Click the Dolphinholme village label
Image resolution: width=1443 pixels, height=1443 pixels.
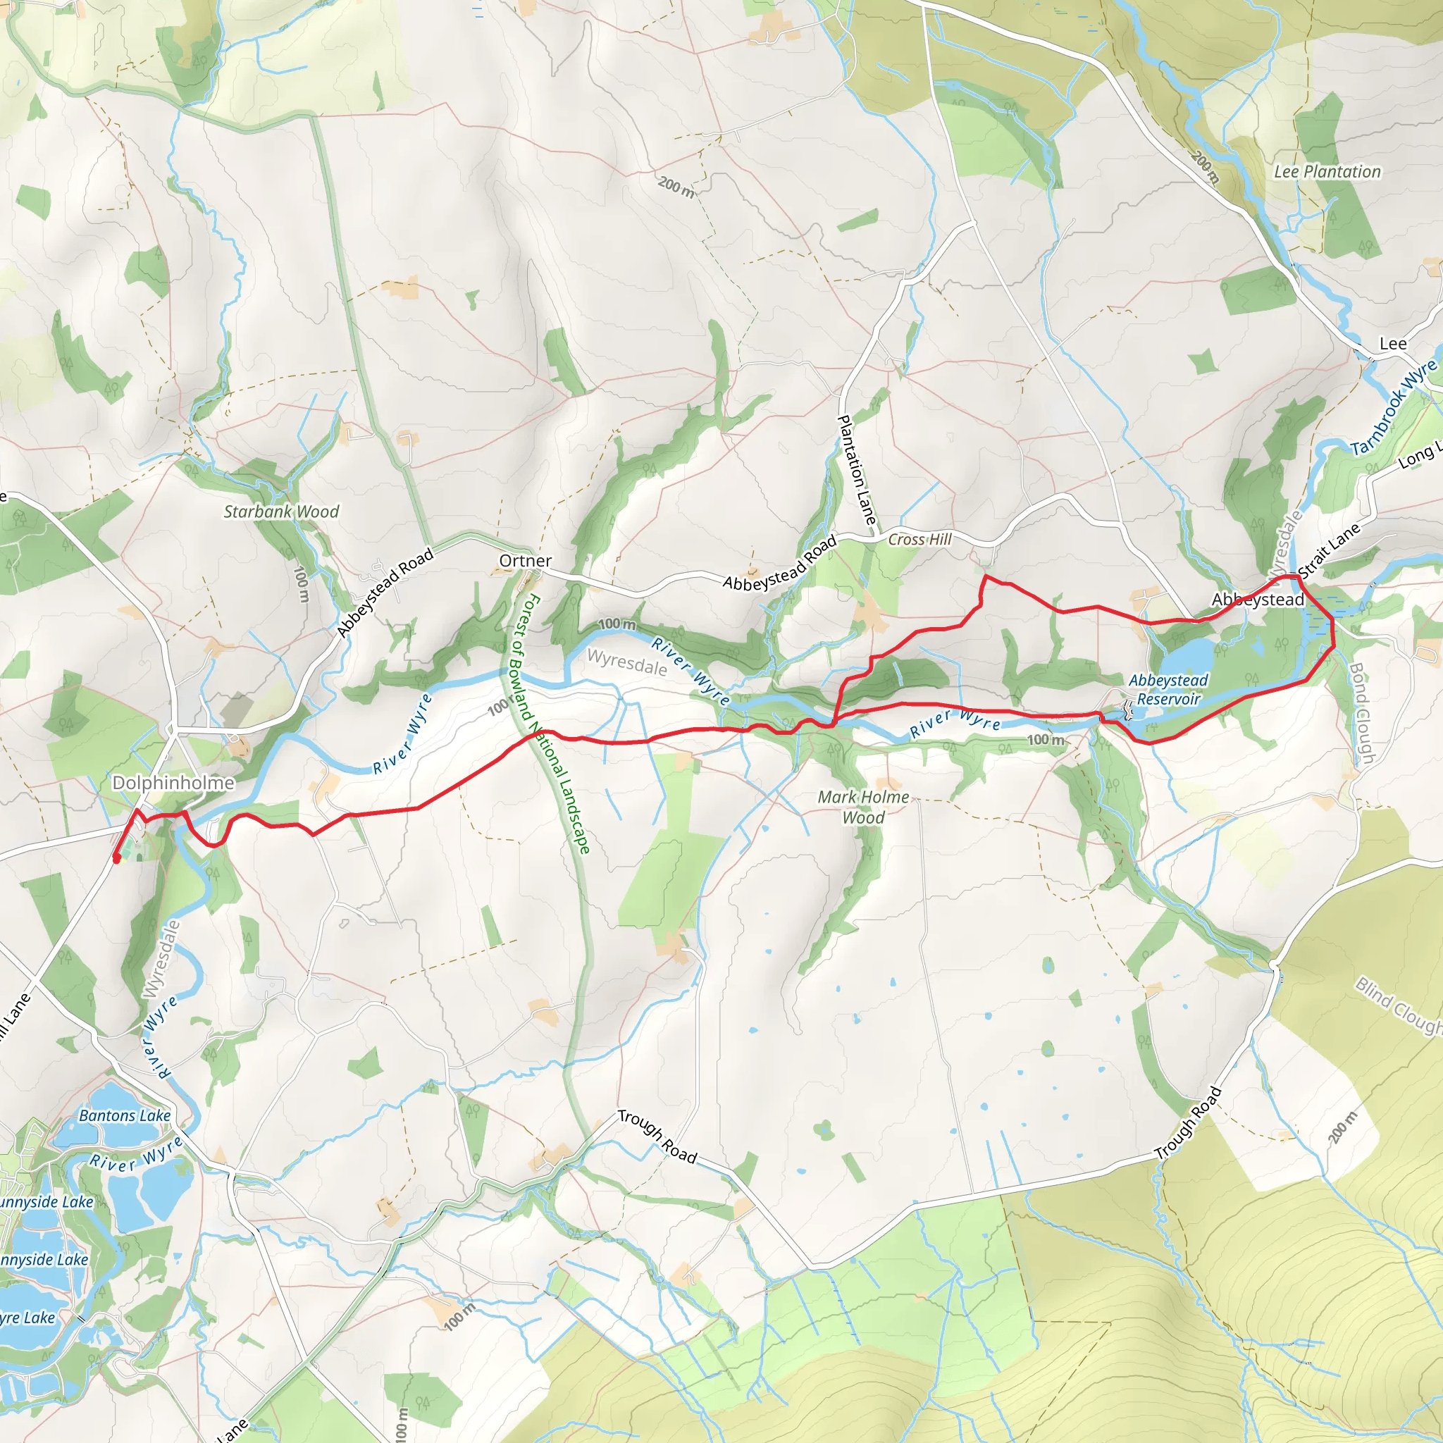[173, 783]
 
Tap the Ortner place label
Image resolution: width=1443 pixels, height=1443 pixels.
[525, 560]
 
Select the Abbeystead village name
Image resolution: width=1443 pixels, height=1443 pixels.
[1258, 599]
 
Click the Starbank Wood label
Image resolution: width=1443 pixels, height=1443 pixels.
[281, 512]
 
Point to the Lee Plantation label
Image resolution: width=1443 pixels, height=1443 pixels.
[1327, 172]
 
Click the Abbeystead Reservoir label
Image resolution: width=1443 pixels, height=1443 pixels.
[1168, 689]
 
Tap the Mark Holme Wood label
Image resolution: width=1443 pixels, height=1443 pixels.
[863, 807]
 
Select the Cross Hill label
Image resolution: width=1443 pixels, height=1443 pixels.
[919, 539]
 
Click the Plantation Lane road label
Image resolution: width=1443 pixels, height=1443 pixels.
[856, 470]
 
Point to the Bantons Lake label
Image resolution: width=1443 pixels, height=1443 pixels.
[125, 1115]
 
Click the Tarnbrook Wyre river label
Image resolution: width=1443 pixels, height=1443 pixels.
[1394, 408]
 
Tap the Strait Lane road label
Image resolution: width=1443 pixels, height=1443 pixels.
[1329, 550]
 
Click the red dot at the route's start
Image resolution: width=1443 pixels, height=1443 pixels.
[116, 859]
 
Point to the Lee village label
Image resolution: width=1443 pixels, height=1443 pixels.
[1392, 344]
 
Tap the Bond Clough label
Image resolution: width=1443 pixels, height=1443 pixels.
[1361, 713]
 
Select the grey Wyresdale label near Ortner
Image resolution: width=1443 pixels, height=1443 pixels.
[626, 662]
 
